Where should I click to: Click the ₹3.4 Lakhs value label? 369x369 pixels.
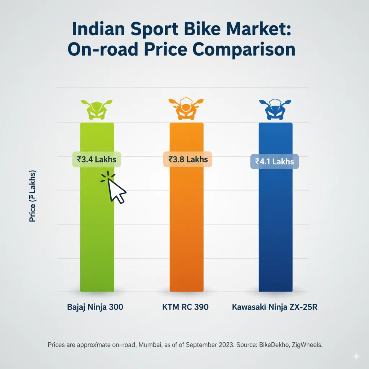pyautogui.click(x=97, y=159)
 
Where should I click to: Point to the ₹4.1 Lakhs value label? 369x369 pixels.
pyautogui.click(x=274, y=161)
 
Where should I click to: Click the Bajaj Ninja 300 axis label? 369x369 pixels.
pyautogui.click(x=95, y=307)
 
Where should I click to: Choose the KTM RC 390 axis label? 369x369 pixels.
pyautogui.click(x=185, y=307)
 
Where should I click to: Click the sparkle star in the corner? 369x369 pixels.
pyautogui.click(x=356, y=356)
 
